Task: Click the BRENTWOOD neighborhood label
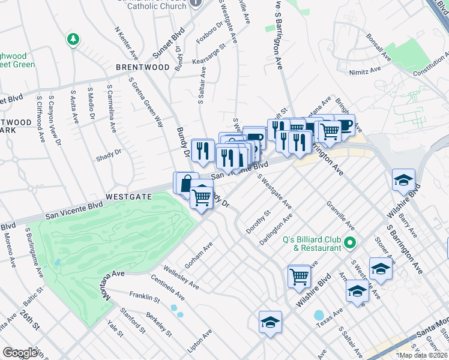coord(143,67)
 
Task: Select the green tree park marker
coord(73,39)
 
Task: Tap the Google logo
coord(20,352)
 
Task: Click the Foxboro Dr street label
coord(209,34)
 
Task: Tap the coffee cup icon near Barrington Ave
coord(344,125)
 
